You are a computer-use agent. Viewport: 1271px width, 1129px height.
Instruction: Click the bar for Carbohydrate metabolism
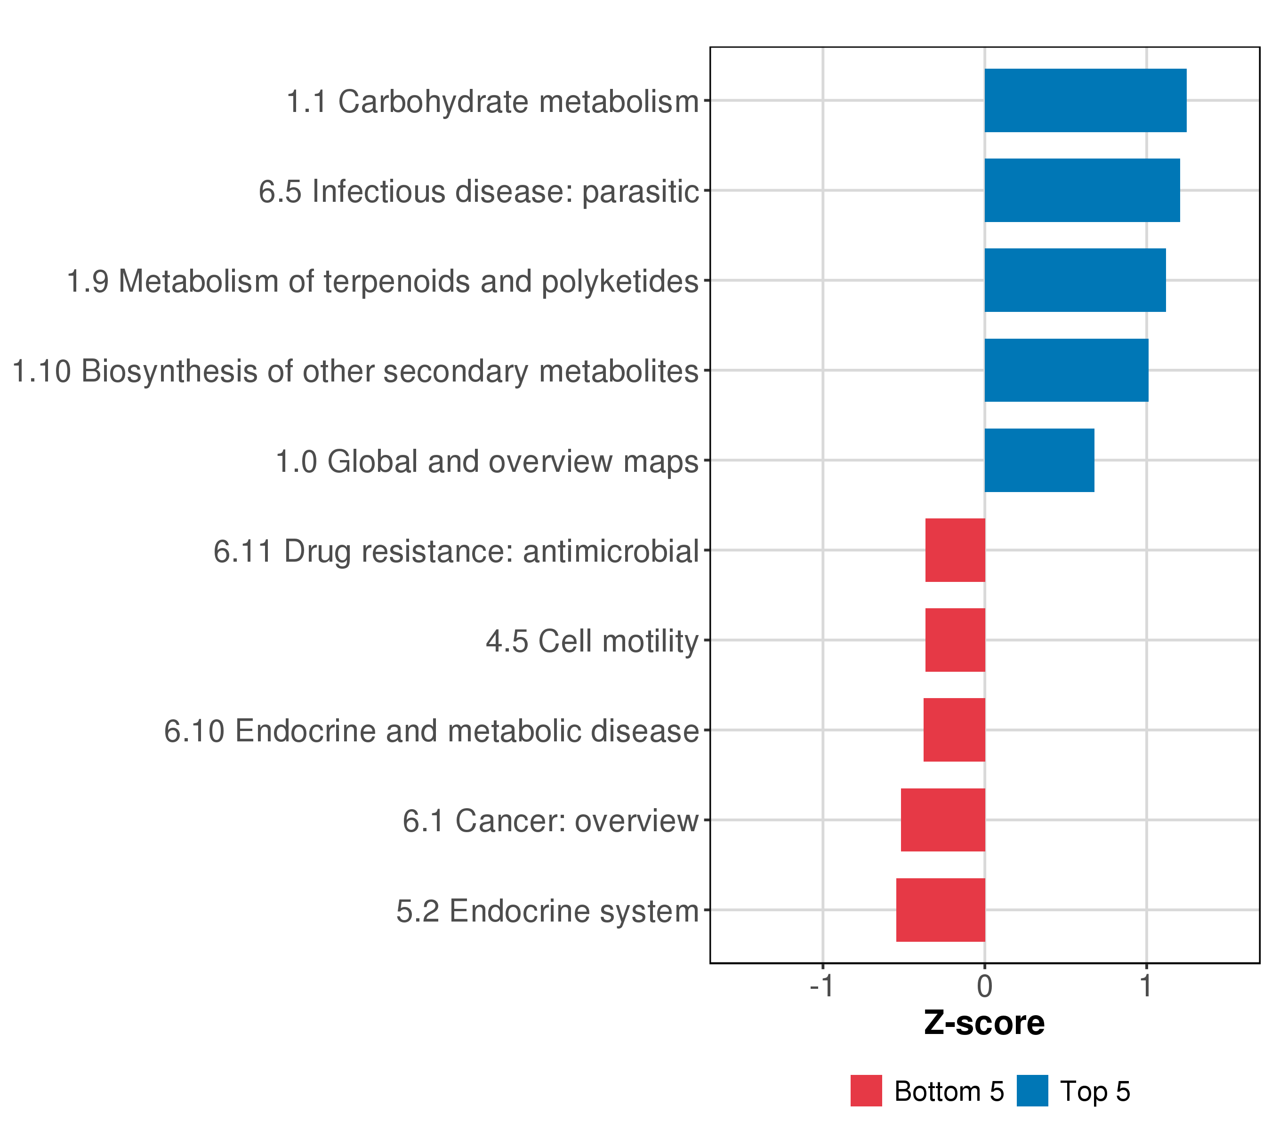(x=1085, y=101)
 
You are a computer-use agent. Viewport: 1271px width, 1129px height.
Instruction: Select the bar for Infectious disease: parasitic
(x=1082, y=190)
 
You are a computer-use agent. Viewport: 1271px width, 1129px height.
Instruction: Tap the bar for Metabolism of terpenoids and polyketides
(x=1075, y=280)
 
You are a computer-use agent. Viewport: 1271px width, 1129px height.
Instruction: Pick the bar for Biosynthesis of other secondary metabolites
(x=1066, y=370)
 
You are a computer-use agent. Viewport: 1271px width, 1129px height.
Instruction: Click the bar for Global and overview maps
(x=1039, y=461)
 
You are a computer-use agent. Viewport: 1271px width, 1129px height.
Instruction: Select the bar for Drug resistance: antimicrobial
(x=955, y=550)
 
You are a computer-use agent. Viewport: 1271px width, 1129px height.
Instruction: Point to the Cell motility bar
(x=955, y=640)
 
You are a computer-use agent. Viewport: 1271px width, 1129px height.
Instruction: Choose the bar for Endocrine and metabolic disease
(x=954, y=730)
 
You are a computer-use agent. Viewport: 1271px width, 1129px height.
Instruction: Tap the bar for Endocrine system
(x=940, y=910)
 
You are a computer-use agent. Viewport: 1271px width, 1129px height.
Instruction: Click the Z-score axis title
(x=984, y=1023)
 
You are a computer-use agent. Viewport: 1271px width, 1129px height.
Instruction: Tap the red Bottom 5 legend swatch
(x=866, y=1091)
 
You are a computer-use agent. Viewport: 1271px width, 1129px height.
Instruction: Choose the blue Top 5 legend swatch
(x=1032, y=1091)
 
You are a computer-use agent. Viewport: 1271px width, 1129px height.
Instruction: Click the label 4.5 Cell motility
(x=592, y=641)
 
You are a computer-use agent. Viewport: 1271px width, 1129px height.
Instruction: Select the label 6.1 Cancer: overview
(x=550, y=821)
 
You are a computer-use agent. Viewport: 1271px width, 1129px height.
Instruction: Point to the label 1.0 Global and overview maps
(x=487, y=461)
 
